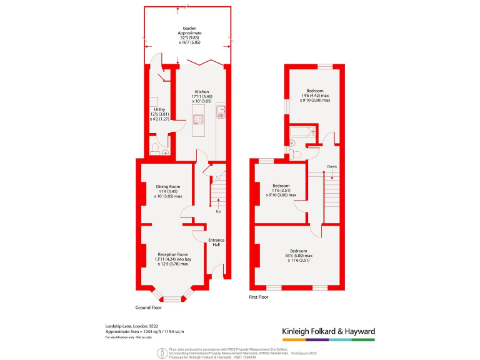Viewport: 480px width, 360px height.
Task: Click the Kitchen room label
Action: [x=201, y=91]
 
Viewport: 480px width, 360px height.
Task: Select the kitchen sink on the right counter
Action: [x=221, y=112]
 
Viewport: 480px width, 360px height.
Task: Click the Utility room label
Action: [x=159, y=109]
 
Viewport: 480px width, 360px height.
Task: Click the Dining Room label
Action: [x=168, y=186]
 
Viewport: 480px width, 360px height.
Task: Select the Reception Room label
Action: [x=173, y=254]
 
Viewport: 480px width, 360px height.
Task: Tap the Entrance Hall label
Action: [x=217, y=242]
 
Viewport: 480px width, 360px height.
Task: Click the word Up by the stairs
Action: [x=218, y=211]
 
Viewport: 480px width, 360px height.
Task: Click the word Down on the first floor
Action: [x=332, y=166]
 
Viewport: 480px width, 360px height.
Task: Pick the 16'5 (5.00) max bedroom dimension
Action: [x=299, y=256]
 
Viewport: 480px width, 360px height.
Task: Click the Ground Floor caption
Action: [x=148, y=307]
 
